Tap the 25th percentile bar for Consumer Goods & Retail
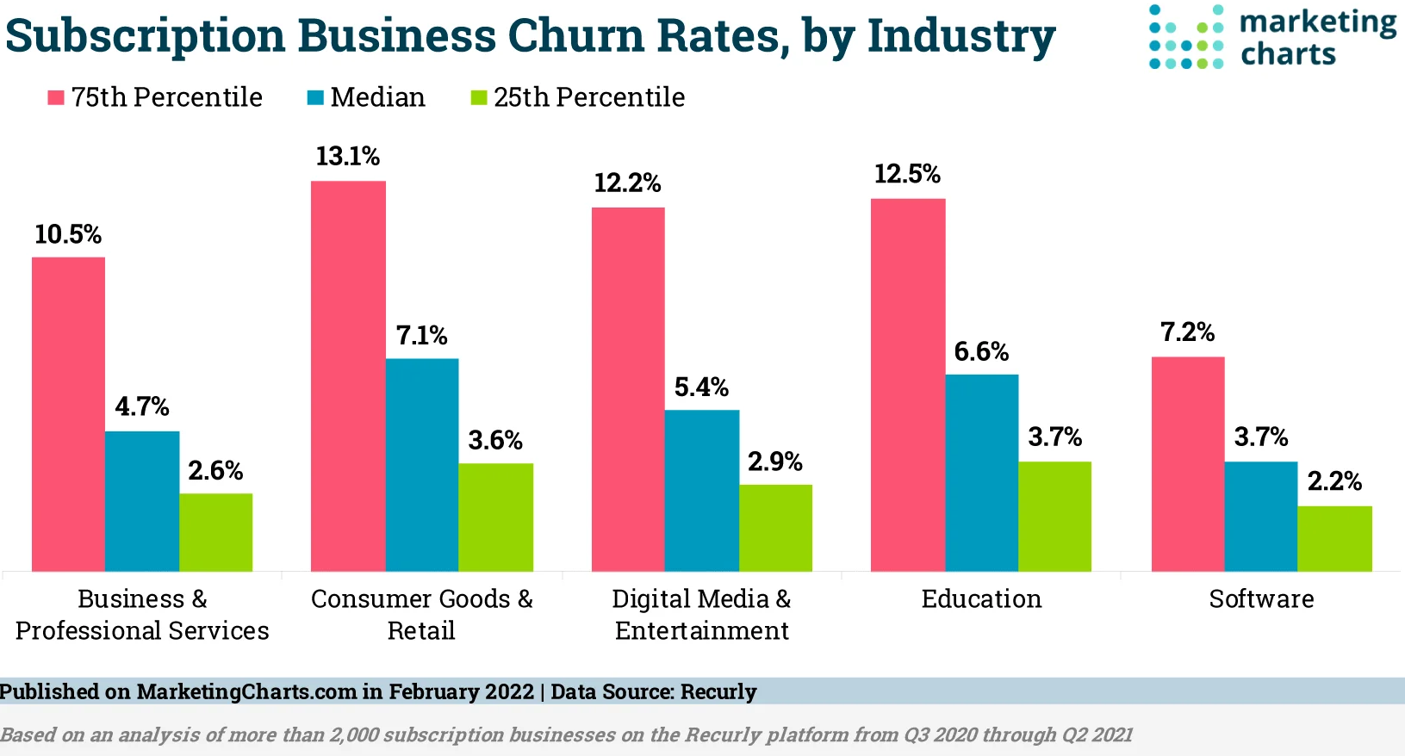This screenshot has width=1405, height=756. click(x=495, y=517)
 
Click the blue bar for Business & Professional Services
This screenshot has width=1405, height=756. click(x=142, y=501)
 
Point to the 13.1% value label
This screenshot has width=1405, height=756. click(x=347, y=157)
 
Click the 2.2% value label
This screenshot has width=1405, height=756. click(x=1334, y=481)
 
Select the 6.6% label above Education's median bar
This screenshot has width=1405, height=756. click(x=981, y=351)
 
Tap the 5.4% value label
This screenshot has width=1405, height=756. click(x=701, y=387)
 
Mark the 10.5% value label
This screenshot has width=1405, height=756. click(x=68, y=234)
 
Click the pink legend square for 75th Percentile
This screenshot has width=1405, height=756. click(x=56, y=97)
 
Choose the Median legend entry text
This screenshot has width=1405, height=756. click(x=378, y=97)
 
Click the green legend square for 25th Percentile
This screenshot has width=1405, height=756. click(x=479, y=97)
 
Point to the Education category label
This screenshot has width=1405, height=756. click(x=981, y=599)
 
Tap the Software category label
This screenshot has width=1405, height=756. click(x=1261, y=599)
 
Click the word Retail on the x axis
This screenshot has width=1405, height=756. click(x=421, y=631)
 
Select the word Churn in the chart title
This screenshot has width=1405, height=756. click(x=581, y=36)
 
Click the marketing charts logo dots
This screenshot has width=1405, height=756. click(x=1186, y=37)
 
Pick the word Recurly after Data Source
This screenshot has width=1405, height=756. click(x=718, y=692)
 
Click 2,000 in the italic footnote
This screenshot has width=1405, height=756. click(x=354, y=735)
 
